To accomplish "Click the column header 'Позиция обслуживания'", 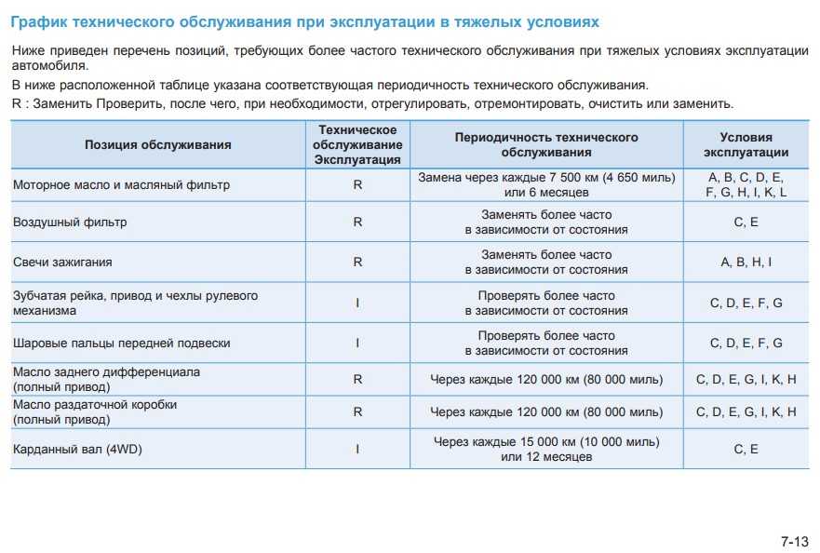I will (x=158, y=144).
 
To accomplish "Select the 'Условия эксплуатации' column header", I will (x=746, y=144).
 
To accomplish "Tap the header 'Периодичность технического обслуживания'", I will (x=546, y=144).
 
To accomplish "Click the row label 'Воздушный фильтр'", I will (x=70, y=223).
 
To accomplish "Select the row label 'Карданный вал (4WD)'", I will (x=77, y=450).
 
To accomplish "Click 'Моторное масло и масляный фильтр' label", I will (x=121, y=184).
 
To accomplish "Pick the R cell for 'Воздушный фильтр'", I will (x=357, y=223).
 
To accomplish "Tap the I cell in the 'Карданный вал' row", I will (x=357, y=450).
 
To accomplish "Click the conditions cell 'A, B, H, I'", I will (x=746, y=263).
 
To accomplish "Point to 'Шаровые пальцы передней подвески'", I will (x=121, y=343).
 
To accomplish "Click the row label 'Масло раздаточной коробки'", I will (x=95, y=405).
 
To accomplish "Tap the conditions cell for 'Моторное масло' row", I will (x=746, y=184).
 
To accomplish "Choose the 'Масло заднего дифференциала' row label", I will (x=106, y=371).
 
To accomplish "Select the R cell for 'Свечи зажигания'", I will (x=357, y=263).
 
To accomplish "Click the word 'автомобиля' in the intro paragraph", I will (x=50, y=66).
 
